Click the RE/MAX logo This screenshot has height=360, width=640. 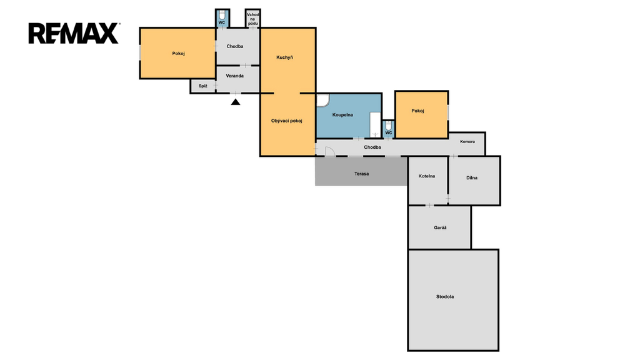[74, 33]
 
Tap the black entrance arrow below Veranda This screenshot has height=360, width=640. [236, 102]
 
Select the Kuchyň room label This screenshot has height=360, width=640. [284, 57]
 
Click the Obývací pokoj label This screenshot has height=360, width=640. [286, 121]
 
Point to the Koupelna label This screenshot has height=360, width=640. [342, 115]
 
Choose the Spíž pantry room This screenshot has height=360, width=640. [203, 86]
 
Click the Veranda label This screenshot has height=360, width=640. [235, 76]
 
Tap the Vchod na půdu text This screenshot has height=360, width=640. [253, 19]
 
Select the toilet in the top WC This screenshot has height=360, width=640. [222, 15]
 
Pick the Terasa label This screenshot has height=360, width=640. [361, 174]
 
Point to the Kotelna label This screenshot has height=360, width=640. [426, 176]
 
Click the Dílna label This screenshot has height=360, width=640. [472, 178]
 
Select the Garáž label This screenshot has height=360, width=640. [440, 227]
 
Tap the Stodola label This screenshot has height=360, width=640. [445, 297]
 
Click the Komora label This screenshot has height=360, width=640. [467, 142]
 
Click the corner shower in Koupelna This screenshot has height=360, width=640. [322, 100]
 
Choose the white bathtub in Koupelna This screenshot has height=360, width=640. [375, 125]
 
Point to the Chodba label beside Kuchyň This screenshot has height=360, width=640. [235, 46]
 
